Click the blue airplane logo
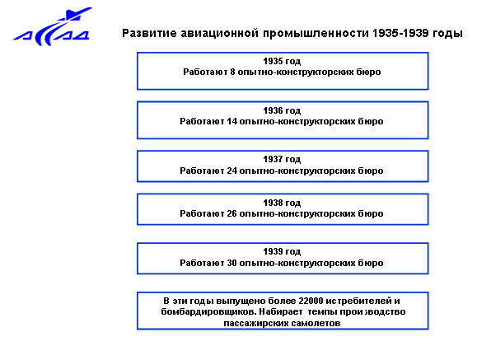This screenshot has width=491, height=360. (x=53, y=27)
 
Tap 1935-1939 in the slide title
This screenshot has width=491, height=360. (x=400, y=33)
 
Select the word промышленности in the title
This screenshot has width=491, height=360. (x=316, y=34)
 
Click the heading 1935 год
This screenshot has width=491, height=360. (x=282, y=61)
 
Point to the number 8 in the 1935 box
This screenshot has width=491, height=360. (x=232, y=72)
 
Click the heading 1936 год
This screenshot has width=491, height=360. (x=282, y=110)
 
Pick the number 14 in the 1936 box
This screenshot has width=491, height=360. (x=232, y=121)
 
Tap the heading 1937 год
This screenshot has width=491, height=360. (x=282, y=159)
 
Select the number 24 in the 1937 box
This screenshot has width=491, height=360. (x=232, y=171)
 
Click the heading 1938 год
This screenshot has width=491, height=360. (x=282, y=203)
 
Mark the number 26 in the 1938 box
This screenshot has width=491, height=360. (x=232, y=213)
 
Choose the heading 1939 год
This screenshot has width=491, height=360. (x=282, y=251)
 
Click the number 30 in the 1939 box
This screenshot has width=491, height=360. (x=232, y=263)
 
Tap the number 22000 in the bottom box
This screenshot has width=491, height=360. (x=311, y=301)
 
